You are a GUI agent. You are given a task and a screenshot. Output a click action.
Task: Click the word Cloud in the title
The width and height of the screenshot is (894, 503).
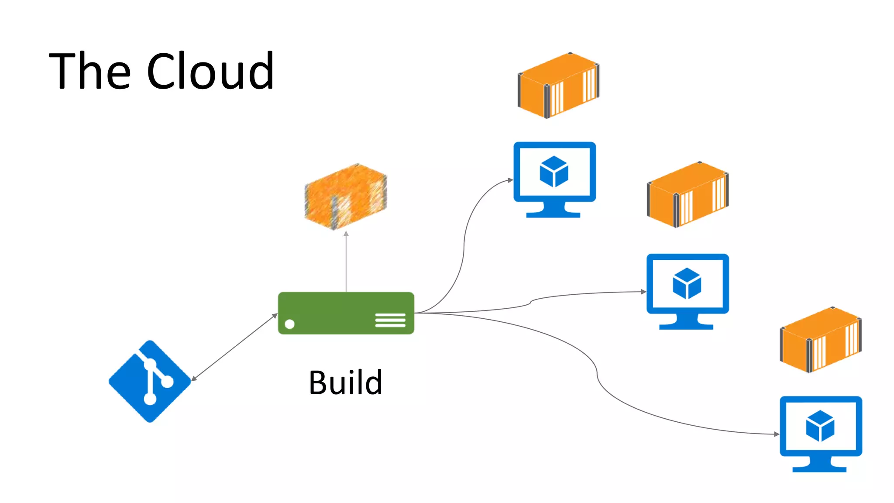(210, 71)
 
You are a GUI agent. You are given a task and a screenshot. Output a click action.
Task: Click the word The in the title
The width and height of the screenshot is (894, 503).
(89, 71)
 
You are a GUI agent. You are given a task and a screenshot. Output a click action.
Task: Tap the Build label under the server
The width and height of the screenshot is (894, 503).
(345, 382)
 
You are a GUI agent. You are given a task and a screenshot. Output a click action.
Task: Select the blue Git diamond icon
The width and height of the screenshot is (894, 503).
(150, 381)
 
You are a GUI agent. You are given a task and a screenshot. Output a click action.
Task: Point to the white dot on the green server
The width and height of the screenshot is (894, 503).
(289, 324)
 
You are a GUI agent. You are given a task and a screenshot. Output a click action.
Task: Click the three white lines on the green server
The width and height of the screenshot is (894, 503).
(390, 320)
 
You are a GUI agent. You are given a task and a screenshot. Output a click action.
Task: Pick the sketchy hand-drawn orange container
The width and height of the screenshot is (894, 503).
(345, 196)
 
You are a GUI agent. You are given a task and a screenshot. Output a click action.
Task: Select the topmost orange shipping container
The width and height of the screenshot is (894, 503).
(558, 85)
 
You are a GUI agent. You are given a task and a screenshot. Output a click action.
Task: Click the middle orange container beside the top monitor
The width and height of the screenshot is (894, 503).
(688, 194)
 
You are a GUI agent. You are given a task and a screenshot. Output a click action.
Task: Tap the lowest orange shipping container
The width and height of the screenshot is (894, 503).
(821, 340)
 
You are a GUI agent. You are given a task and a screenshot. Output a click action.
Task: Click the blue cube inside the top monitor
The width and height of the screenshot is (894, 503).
(554, 172)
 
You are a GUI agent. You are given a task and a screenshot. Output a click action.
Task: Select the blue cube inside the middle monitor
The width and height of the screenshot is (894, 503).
(687, 283)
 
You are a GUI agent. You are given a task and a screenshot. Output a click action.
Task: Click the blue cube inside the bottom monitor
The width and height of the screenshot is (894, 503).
(820, 426)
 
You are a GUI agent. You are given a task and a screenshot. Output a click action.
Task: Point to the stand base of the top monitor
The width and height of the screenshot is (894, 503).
(553, 214)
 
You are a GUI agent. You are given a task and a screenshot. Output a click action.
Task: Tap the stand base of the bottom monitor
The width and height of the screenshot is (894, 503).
(819, 469)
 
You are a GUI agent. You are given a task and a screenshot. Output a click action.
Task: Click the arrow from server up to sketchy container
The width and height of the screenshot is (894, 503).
(346, 262)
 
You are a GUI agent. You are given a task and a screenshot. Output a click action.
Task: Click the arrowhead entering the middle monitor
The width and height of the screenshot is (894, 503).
(643, 292)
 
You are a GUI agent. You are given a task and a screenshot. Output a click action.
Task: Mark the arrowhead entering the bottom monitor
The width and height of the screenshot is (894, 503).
(777, 434)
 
